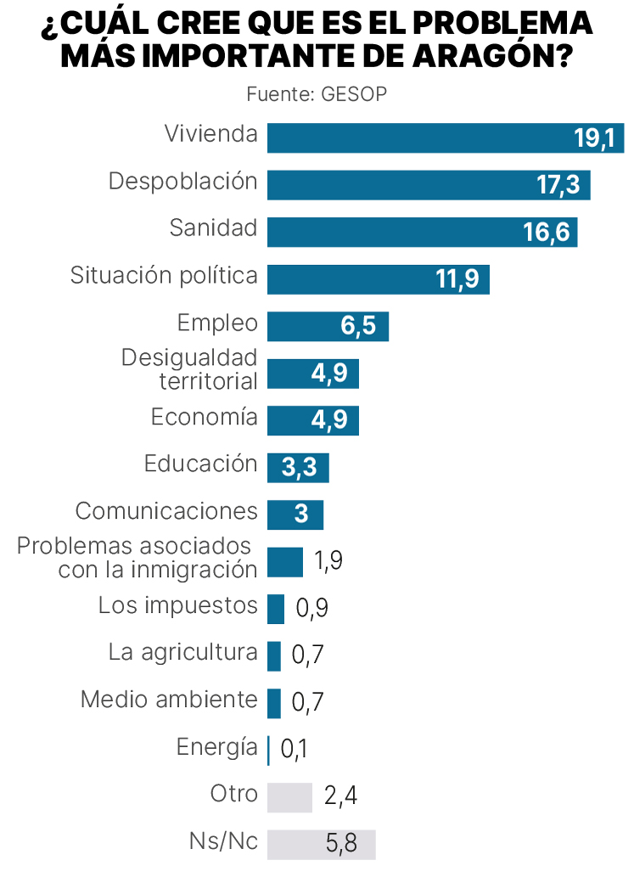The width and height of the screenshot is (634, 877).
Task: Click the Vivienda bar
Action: [416, 138]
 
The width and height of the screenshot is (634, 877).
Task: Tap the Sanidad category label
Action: [213, 228]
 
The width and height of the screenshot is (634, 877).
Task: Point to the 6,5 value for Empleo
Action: [357, 327]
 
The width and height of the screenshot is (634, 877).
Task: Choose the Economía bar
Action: [312, 421]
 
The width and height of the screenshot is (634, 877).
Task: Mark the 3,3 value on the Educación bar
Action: [298, 468]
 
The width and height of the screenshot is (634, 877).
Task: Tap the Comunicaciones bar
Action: [295, 514]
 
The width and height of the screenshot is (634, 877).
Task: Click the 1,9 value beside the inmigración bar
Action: [328, 561]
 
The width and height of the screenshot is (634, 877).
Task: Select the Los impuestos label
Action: [177, 605]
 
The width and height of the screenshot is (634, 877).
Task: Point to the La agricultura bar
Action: [273, 655]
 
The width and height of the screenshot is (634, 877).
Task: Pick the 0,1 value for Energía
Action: [294, 749]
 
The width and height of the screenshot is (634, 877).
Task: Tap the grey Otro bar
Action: [289, 797]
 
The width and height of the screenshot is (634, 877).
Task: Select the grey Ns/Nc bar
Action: [321, 844]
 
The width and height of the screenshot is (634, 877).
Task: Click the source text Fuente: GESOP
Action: [317, 94]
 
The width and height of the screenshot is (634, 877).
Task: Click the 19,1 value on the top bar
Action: [593, 138]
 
